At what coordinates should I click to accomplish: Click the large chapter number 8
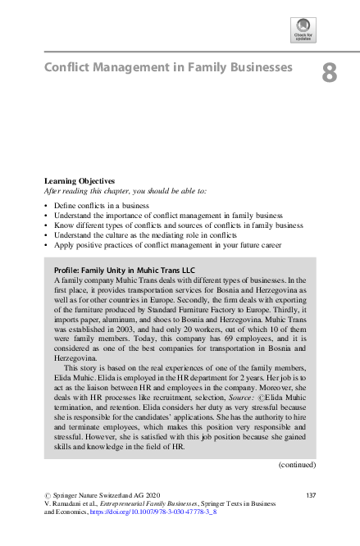click(329, 73)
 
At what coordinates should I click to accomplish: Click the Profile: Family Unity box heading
click(112, 269)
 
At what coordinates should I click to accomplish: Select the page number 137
click(310, 495)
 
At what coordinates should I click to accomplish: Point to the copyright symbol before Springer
click(47, 495)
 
